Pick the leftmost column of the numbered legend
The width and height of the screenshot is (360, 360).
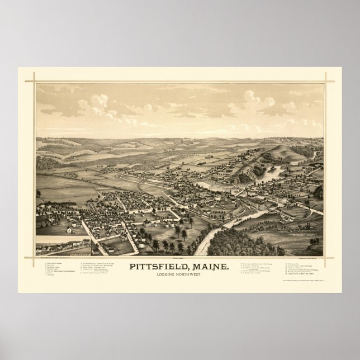click(x=56, y=268)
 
